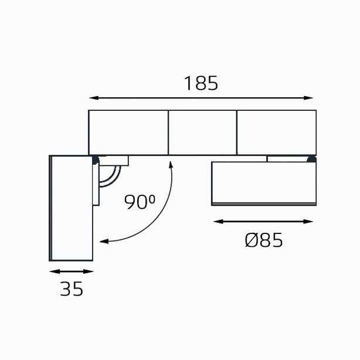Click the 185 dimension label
(x=201, y=83)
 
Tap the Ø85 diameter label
(x=264, y=240)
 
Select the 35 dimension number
(x=72, y=289)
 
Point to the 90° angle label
(x=140, y=202)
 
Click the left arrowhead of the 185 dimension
(x=94, y=98)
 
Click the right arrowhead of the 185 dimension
(x=308, y=98)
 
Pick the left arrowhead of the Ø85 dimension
(x=218, y=222)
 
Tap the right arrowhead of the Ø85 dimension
(x=308, y=222)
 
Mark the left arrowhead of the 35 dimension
(x=55, y=271)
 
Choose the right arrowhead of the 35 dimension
(x=89, y=271)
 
